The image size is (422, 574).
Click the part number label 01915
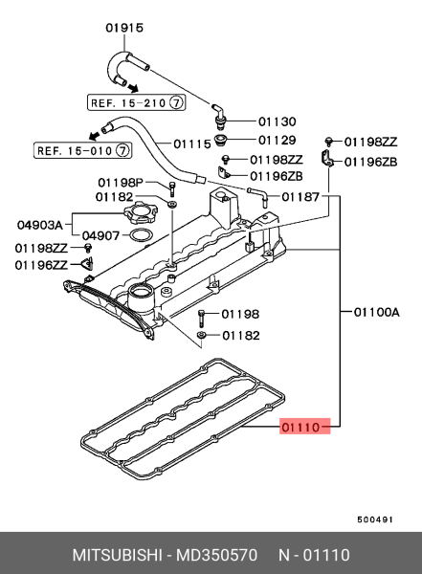[123, 28]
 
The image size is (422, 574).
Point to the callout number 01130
[278, 122]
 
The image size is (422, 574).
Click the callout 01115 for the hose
[194, 143]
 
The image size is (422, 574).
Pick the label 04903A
[39, 225]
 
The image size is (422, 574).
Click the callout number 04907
[100, 234]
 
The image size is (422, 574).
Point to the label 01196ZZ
[41, 264]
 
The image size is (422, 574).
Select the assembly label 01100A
[376, 311]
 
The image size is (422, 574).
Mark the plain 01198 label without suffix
[240, 314]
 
